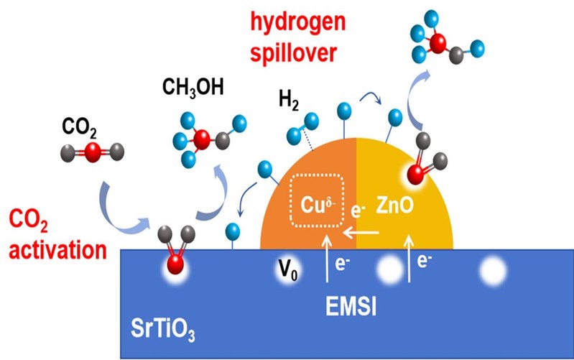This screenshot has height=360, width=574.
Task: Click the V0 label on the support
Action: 289,272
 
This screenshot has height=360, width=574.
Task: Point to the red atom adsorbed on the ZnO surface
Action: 415,174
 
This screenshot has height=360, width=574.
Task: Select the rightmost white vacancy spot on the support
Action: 492,272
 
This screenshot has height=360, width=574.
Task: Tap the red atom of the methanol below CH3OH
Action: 202,140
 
